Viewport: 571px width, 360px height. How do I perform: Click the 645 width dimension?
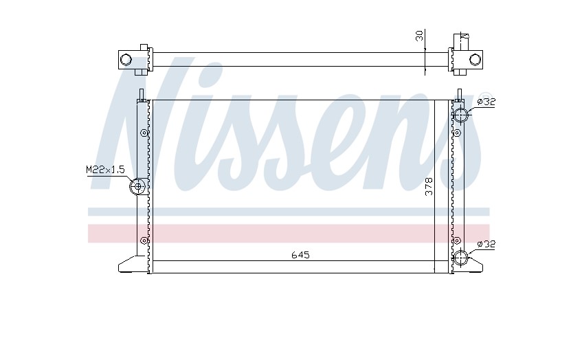[x=300, y=255]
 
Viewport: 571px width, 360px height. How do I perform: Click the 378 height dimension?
[x=429, y=186]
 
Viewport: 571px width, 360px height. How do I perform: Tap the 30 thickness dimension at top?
[x=420, y=36]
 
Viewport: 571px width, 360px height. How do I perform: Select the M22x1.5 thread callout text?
[x=105, y=170]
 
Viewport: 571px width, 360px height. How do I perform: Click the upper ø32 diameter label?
[x=486, y=102]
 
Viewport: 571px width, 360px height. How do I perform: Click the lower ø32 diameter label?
[x=486, y=244]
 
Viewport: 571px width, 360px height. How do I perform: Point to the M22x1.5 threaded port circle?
[x=137, y=187]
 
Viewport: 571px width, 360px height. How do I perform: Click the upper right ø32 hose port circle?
[x=460, y=115]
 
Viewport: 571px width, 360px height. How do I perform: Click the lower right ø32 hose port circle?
[x=460, y=258]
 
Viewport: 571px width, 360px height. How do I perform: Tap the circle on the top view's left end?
[x=126, y=59]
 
